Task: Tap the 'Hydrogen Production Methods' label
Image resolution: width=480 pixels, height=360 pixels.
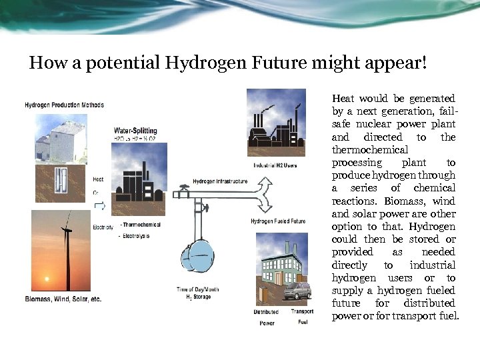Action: (x=64, y=105)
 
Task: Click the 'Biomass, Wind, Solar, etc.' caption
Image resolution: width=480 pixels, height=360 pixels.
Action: (x=63, y=299)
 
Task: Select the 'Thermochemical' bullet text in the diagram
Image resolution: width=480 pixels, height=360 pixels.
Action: (x=142, y=225)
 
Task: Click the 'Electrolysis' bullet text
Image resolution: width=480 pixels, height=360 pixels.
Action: (x=136, y=236)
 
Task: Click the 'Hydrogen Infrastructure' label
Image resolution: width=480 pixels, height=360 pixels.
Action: (x=220, y=181)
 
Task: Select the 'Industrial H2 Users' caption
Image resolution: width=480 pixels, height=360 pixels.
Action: (x=275, y=165)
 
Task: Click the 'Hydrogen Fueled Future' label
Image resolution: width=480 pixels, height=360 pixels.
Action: (x=278, y=221)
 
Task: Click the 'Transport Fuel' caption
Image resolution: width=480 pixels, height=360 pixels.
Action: (x=302, y=317)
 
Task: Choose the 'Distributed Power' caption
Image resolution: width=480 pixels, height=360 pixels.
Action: (x=266, y=317)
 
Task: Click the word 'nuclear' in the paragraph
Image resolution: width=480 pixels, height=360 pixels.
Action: (x=377, y=124)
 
